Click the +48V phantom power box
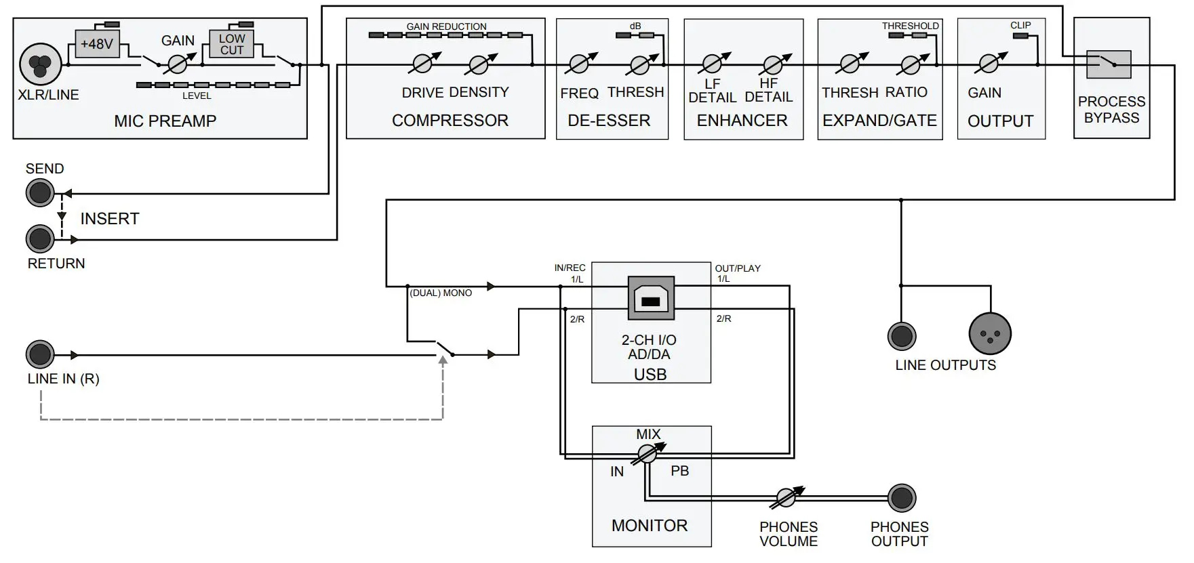(96, 44)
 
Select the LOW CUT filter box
(231, 44)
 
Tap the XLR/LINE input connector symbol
(41, 64)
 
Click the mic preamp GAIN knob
(178, 64)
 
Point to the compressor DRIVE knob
(421, 64)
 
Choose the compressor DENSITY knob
(479, 64)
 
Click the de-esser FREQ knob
(579, 64)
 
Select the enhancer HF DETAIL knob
(772, 65)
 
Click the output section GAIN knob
(987, 64)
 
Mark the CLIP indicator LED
(1020, 35)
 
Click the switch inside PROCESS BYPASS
(1109, 64)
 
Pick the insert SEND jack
(40, 193)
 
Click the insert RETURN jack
(40, 239)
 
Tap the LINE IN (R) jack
(40, 354)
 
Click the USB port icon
(651, 298)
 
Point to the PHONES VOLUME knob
(786, 498)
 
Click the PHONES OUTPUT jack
(901, 498)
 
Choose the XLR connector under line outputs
(990, 333)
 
